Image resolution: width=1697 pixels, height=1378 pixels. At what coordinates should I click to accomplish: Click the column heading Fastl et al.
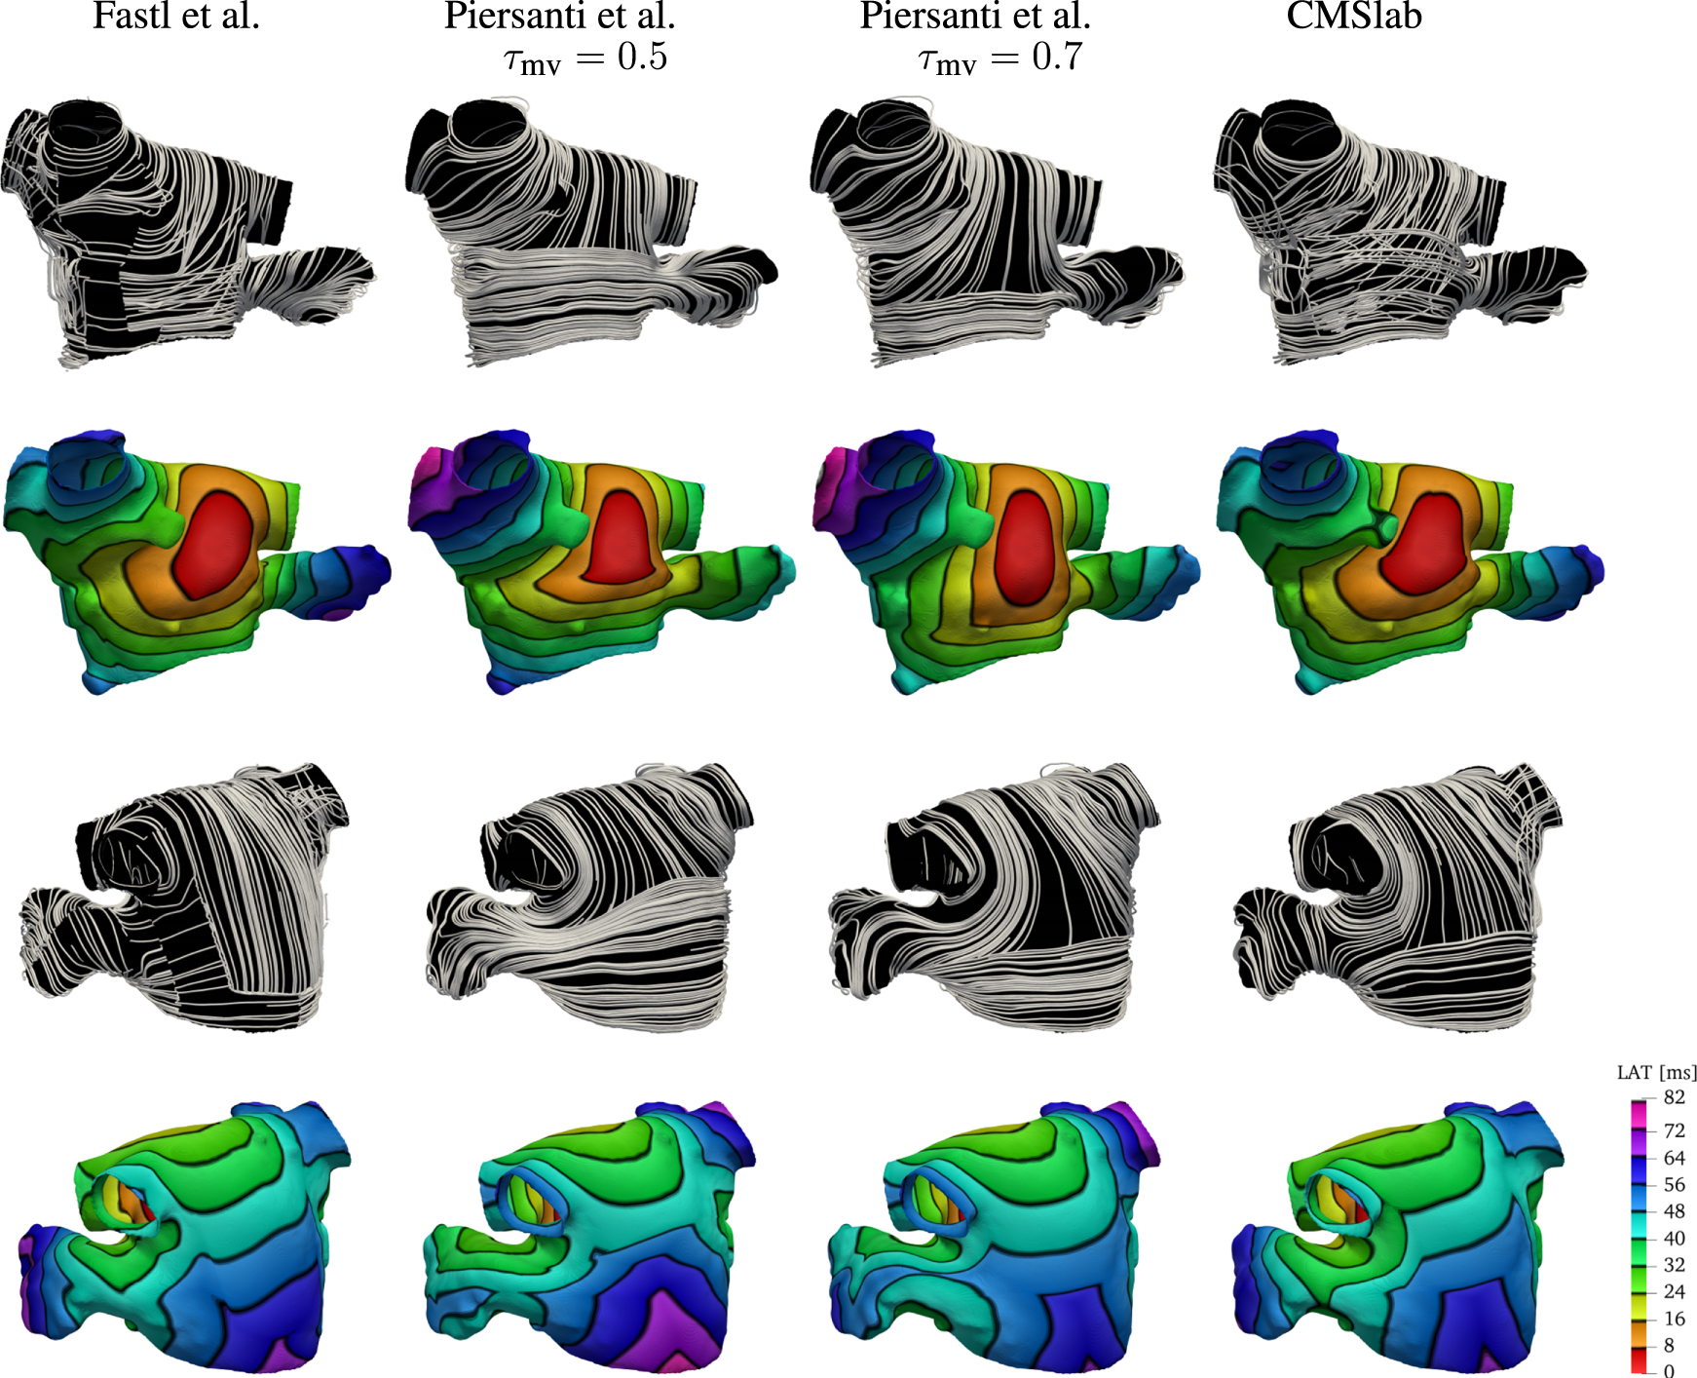click(176, 16)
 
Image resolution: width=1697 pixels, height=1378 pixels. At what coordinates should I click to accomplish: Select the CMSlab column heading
click(1354, 16)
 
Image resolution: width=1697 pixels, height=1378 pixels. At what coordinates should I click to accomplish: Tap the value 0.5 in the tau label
click(643, 57)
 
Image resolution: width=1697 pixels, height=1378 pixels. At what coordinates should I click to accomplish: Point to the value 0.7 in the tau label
click(1057, 57)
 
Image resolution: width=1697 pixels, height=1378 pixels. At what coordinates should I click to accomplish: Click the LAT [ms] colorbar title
click(1656, 1073)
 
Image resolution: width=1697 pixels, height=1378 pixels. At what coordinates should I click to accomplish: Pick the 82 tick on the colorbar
click(1675, 1097)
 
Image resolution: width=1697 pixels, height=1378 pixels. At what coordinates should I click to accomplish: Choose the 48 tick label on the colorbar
click(1675, 1211)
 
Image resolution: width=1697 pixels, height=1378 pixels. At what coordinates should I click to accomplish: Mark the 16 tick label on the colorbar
click(1675, 1319)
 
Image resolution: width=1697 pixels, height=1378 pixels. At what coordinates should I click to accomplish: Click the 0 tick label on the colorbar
click(1669, 1370)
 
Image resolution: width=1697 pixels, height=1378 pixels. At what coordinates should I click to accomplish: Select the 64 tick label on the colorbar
click(1675, 1158)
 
